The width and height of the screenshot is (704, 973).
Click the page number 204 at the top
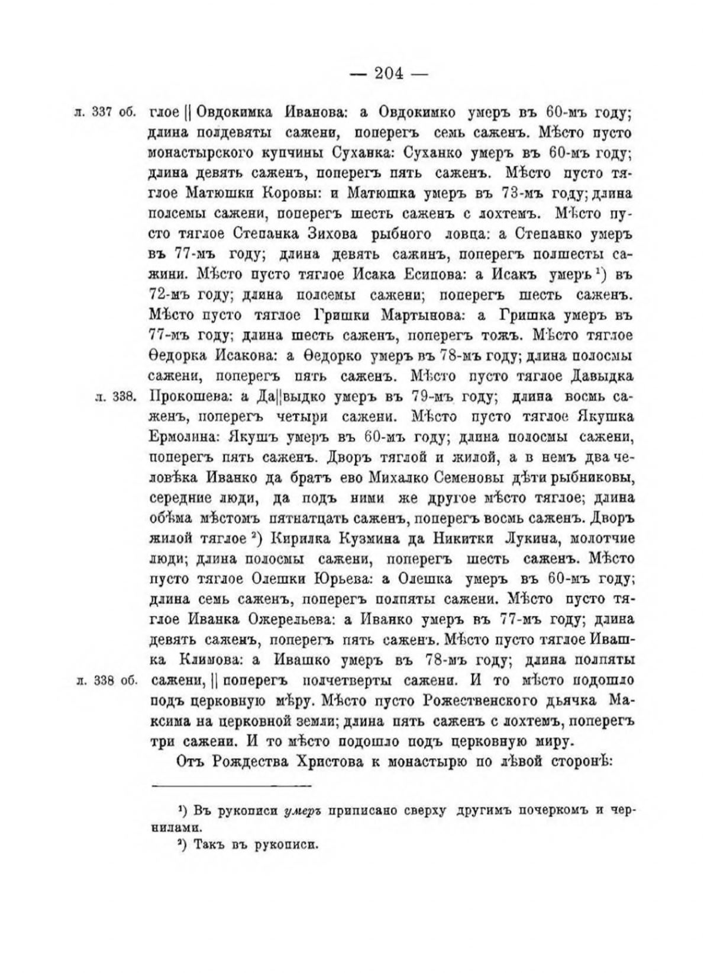pyautogui.click(x=388, y=74)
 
